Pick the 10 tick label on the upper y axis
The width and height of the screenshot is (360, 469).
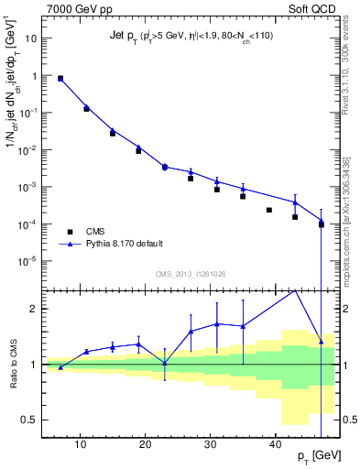click(x=32, y=39)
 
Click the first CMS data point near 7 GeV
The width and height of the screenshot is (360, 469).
click(x=60, y=79)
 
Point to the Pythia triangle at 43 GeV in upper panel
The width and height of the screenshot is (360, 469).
click(x=295, y=202)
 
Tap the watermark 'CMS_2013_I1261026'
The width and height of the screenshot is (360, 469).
click(x=191, y=273)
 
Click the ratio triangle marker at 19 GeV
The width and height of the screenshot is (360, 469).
click(x=138, y=344)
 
